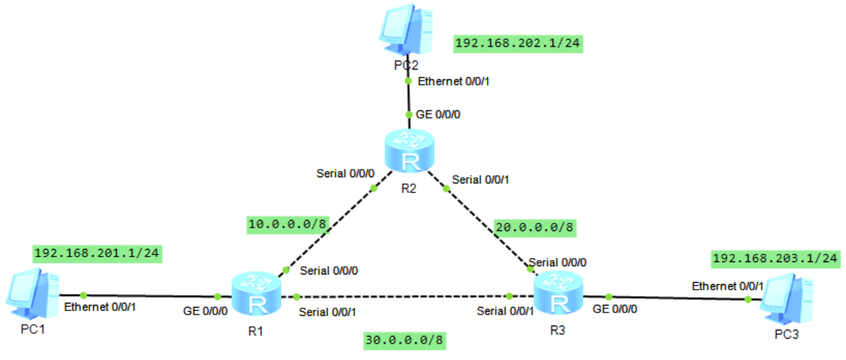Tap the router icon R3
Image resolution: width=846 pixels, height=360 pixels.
tap(558, 294)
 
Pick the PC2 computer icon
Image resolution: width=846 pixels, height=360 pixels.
tap(407, 32)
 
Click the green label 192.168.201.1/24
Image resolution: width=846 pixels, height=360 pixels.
tap(97, 253)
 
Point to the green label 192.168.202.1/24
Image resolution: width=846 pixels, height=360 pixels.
tap(517, 43)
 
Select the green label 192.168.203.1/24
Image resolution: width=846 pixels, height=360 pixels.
tap(775, 259)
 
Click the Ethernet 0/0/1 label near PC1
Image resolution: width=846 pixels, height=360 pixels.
tap(100, 306)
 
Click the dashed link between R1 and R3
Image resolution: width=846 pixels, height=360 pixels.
tap(400, 297)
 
